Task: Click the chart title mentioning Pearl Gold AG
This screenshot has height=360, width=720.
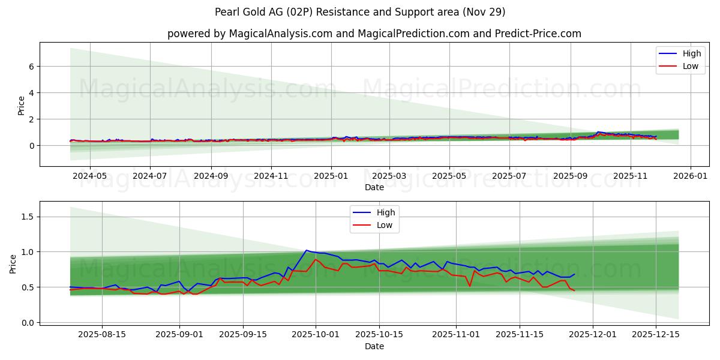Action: (359, 12)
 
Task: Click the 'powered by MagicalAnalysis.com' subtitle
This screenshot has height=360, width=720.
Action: (374, 34)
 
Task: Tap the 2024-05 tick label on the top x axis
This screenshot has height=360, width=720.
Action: (89, 176)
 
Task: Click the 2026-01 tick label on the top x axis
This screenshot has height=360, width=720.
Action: (691, 176)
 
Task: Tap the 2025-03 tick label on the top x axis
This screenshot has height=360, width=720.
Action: (389, 176)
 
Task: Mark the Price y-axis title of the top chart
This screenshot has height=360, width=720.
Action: (22, 104)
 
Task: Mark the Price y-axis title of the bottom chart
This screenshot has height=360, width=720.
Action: (13, 263)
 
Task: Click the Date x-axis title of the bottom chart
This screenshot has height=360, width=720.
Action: (374, 347)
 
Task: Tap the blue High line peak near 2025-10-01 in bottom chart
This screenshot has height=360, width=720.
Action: (307, 250)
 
